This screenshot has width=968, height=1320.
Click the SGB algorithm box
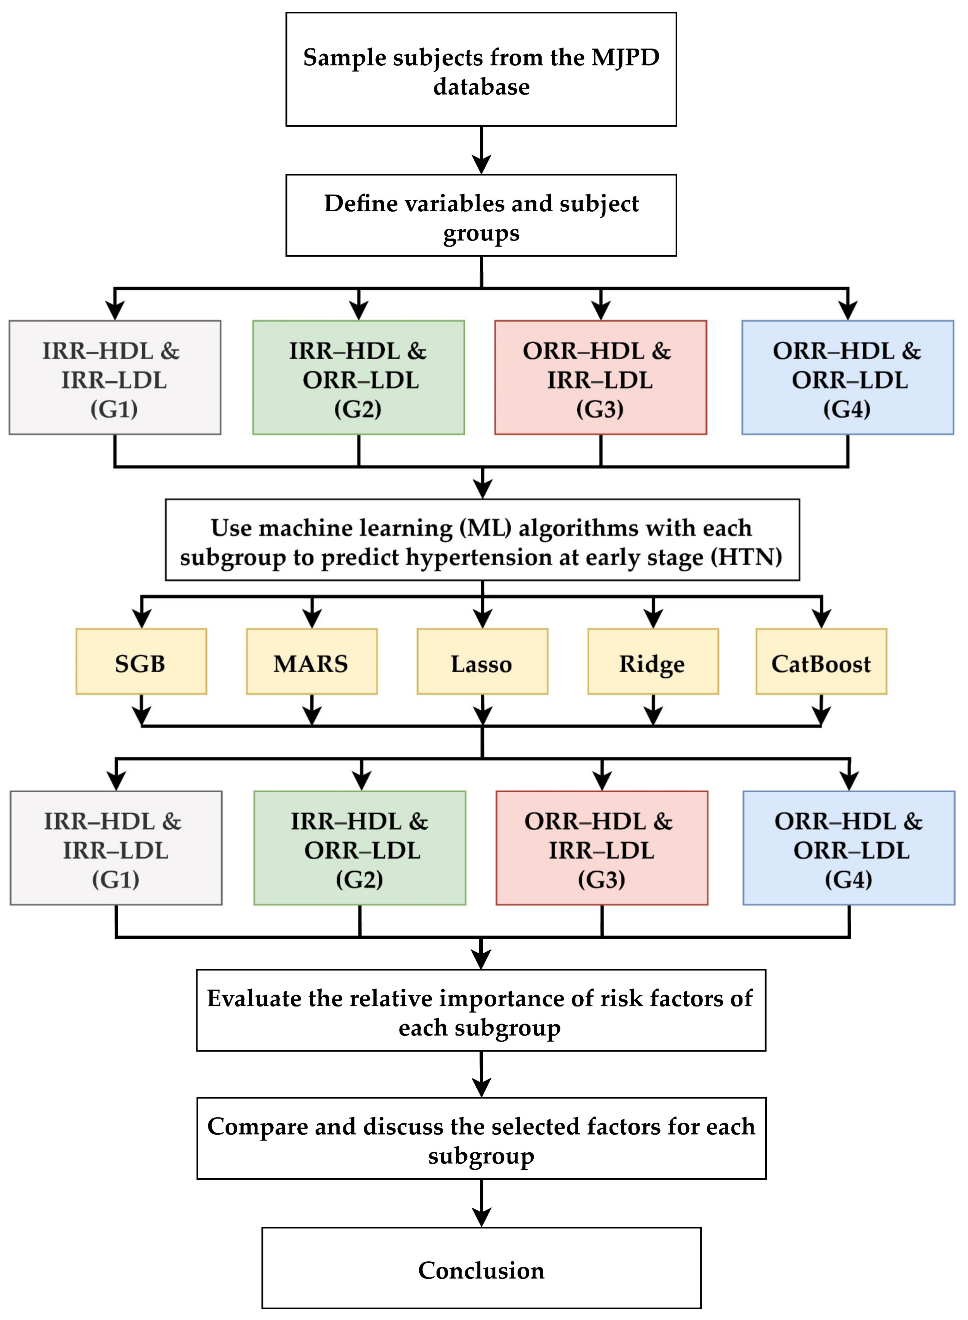coord(141,662)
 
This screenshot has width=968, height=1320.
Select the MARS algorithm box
coord(311,662)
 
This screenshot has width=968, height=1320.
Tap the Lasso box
coord(482,662)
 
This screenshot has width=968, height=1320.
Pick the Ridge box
coord(653,662)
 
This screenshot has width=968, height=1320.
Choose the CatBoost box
coord(821,662)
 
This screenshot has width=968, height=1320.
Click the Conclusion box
coord(481,1270)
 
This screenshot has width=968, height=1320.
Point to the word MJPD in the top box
coord(625,57)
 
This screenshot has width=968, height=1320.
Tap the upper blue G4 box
coord(847,378)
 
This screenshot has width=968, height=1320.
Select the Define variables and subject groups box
coord(481,215)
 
